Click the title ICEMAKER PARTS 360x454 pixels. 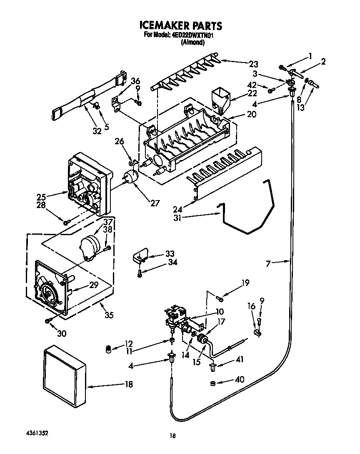180,25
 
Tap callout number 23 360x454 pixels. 253,64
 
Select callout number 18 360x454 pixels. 129,384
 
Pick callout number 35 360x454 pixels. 109,315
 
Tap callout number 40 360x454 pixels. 239,379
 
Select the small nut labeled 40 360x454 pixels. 212,383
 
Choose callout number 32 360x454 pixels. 97,132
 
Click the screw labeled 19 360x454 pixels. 220,297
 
